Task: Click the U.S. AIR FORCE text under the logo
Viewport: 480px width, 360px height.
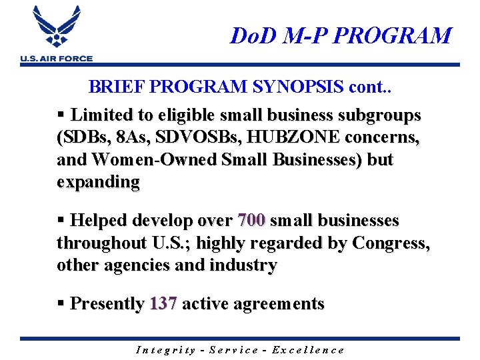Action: (57, 59)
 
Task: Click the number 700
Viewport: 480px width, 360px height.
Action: (251, 220)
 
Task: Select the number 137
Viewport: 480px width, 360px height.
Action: (163, 304)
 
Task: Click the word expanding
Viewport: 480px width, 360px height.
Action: (98, 182)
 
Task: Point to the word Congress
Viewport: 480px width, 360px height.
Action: (391, 243)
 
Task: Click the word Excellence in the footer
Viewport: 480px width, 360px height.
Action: (311, 349)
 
